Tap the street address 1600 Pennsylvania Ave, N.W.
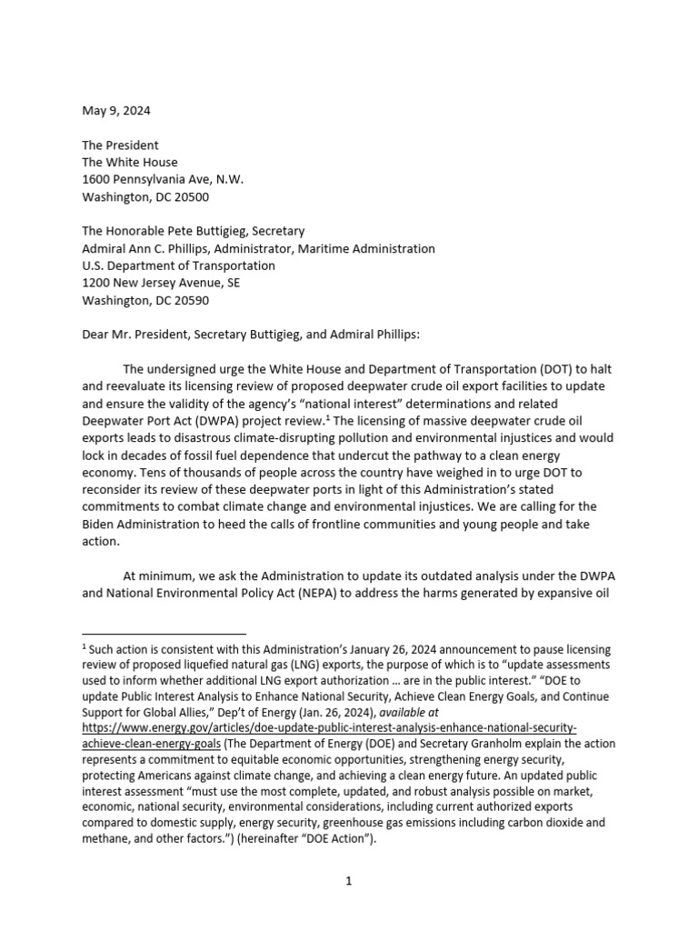[x=163, y=179]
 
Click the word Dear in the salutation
[x=97, y=335]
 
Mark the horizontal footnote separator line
[x=164, y=633]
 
